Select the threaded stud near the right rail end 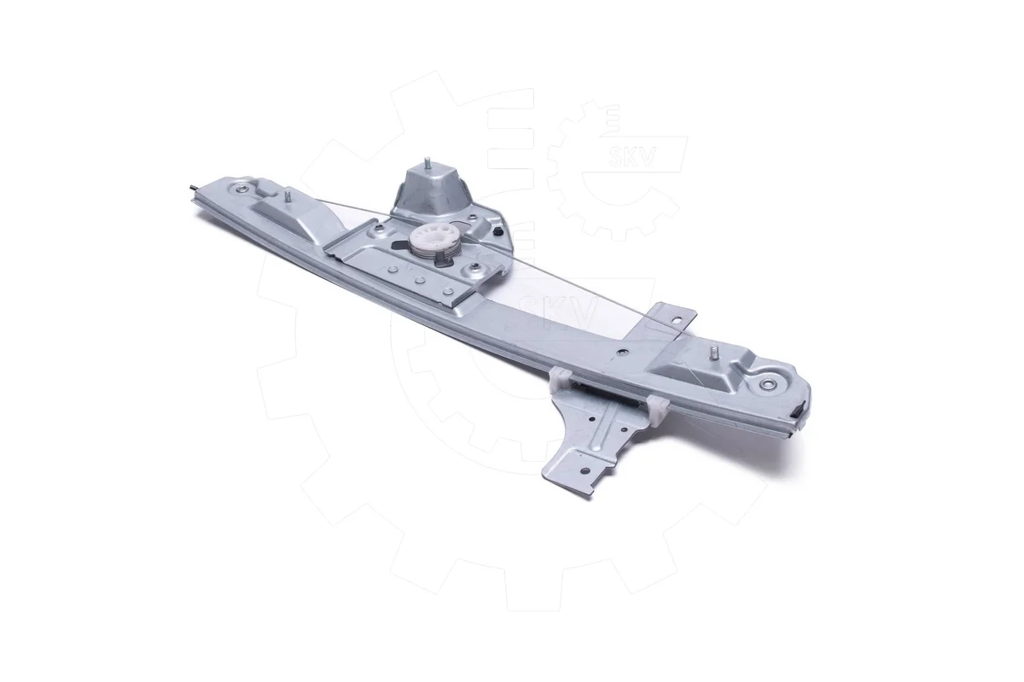coord(713,353)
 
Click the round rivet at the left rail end coord(240,188)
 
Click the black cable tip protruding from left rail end coord(193,187)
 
